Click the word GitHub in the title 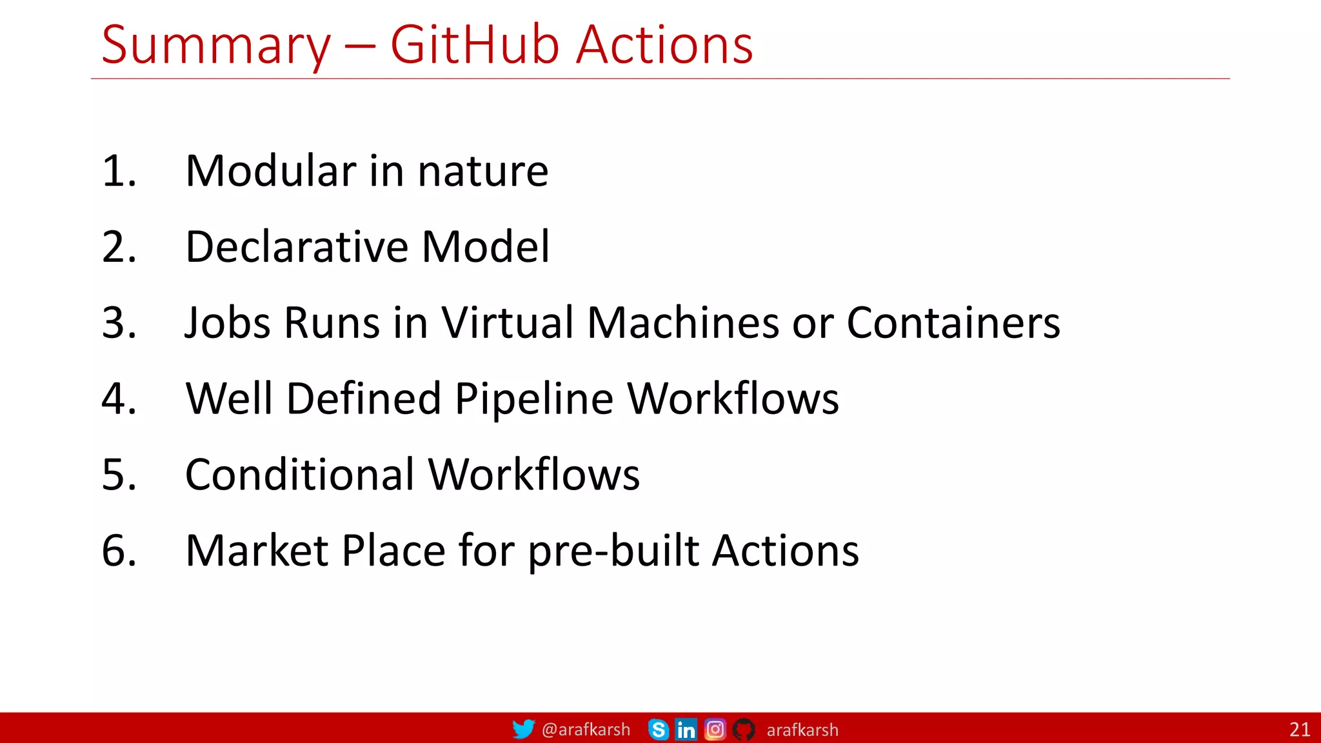click(475, 45)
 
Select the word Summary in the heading click(215, 46)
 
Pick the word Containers click(953, 322)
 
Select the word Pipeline click(533, 399)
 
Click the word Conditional click(300, 475)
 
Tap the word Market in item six click(257, 551)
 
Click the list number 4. click(119, 399)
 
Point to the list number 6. click(119, 551)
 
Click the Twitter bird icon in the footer click(523, 729)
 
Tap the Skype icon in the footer click(658, 729)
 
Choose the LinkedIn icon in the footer click(686, 729)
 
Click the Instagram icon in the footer click(715, 729)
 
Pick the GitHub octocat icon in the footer click(744, 729)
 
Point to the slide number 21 click(1299, 729)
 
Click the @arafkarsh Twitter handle click(586, 729)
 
